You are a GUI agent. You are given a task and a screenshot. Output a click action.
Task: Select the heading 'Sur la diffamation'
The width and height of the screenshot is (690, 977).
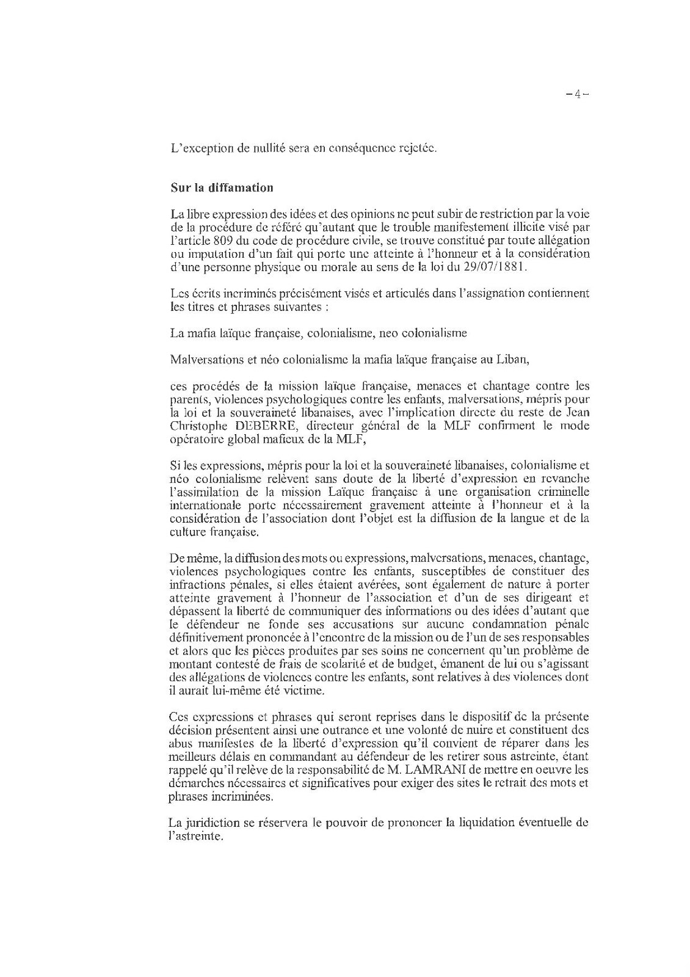222,187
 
